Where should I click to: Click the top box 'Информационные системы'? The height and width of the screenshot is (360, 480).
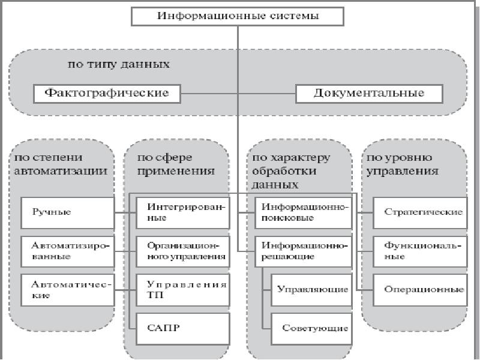[x=238, y=16]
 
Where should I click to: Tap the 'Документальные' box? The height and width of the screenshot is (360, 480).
[x=369, y=93]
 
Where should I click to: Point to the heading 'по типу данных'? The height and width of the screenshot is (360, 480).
[x=118, y=64]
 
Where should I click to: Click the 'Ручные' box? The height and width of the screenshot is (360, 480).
[x=67, y=212]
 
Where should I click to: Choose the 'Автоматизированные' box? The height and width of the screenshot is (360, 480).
[x=67, y=251]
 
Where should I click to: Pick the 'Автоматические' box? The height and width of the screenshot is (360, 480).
[x=67, y=290]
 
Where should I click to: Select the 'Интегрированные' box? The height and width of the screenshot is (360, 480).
[x=182, y=212]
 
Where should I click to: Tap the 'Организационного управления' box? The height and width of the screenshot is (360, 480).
[x=182, y=251]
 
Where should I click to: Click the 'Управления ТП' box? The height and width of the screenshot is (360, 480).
[x=182, y=290]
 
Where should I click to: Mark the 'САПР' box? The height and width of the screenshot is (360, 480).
[x=182, y=328]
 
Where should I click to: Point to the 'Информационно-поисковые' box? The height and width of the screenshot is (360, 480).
[x=303, y=212]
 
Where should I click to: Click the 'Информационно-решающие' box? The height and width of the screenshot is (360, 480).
[x=303, y=251]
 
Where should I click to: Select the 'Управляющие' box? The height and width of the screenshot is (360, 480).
[x=311, y=290]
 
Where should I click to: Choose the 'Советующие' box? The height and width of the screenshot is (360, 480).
[x=311, y=328]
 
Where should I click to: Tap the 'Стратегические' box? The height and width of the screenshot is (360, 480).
[x=420, y=212]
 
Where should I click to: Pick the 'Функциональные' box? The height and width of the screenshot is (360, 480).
[x=420, y=251]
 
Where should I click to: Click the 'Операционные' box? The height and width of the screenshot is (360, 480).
[x=420, y=290]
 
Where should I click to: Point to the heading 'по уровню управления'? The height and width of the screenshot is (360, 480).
[x=401, y=164]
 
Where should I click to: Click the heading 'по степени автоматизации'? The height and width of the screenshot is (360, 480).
[x=61, y=164]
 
